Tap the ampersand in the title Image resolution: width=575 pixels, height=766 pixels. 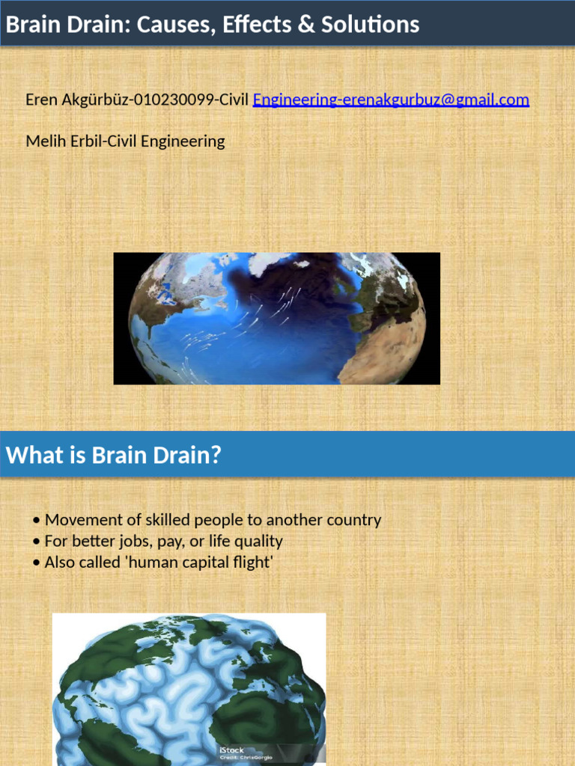coord(286,25)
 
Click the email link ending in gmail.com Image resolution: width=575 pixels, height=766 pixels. coord(391,99)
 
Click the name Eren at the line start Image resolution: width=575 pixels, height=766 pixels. coord(42,99)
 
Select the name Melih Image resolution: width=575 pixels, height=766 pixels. coord(44,141)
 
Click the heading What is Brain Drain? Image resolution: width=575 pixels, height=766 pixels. coord(114,455)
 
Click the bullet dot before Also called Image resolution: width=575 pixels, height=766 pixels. coord(37,563)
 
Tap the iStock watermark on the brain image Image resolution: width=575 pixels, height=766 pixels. coord(231,750)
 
